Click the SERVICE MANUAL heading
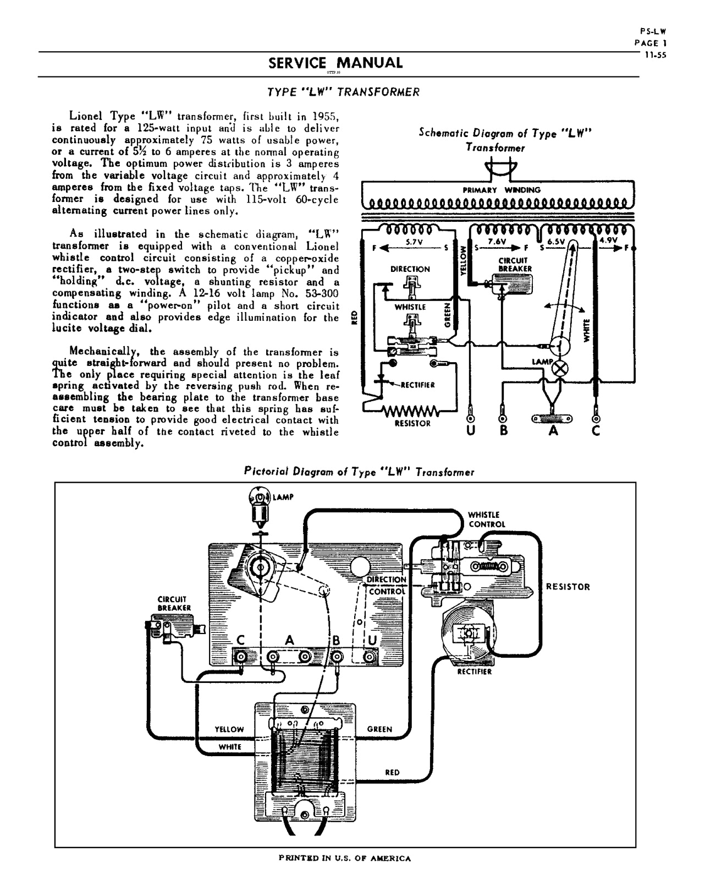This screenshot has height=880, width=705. click(335, 63)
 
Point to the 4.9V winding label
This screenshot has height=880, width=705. click(608, 241)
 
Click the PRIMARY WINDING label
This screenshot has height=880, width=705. click(502, 190)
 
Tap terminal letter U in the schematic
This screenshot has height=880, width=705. click(471, 430)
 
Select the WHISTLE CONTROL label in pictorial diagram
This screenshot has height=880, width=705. click(486, 520)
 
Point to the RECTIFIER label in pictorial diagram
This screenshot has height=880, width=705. click(474, 672)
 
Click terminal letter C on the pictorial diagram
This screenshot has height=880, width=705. click(241, 640)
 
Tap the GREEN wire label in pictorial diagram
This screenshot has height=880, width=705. click(379, 729)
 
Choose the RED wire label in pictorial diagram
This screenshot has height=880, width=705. click(392, 772)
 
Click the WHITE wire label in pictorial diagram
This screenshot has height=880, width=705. click(230, 747)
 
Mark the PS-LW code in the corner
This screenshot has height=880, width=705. click(657, 32)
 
